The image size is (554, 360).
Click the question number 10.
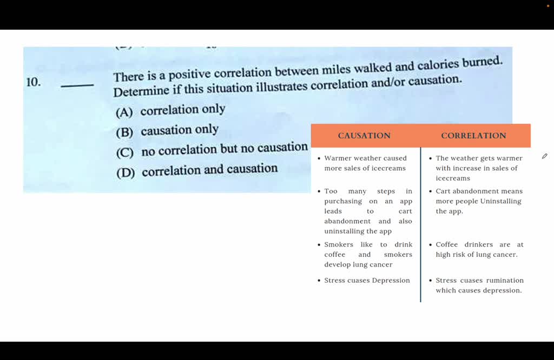(34, 82)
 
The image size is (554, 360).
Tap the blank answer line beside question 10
(77, 85)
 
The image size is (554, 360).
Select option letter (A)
(124, 112)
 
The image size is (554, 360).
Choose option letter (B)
(124, 132)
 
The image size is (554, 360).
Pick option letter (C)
(125, 153)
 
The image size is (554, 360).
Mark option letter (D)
(126, 173)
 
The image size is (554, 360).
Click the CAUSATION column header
(364, 136)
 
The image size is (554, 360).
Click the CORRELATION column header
(473, 136)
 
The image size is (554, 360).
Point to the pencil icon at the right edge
(544, 156)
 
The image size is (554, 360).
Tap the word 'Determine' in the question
(141, 91)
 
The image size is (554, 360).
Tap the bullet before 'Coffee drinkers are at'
(430, 244)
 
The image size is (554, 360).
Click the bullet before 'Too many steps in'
(319, 191)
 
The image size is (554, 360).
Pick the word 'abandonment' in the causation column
(347, 221)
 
